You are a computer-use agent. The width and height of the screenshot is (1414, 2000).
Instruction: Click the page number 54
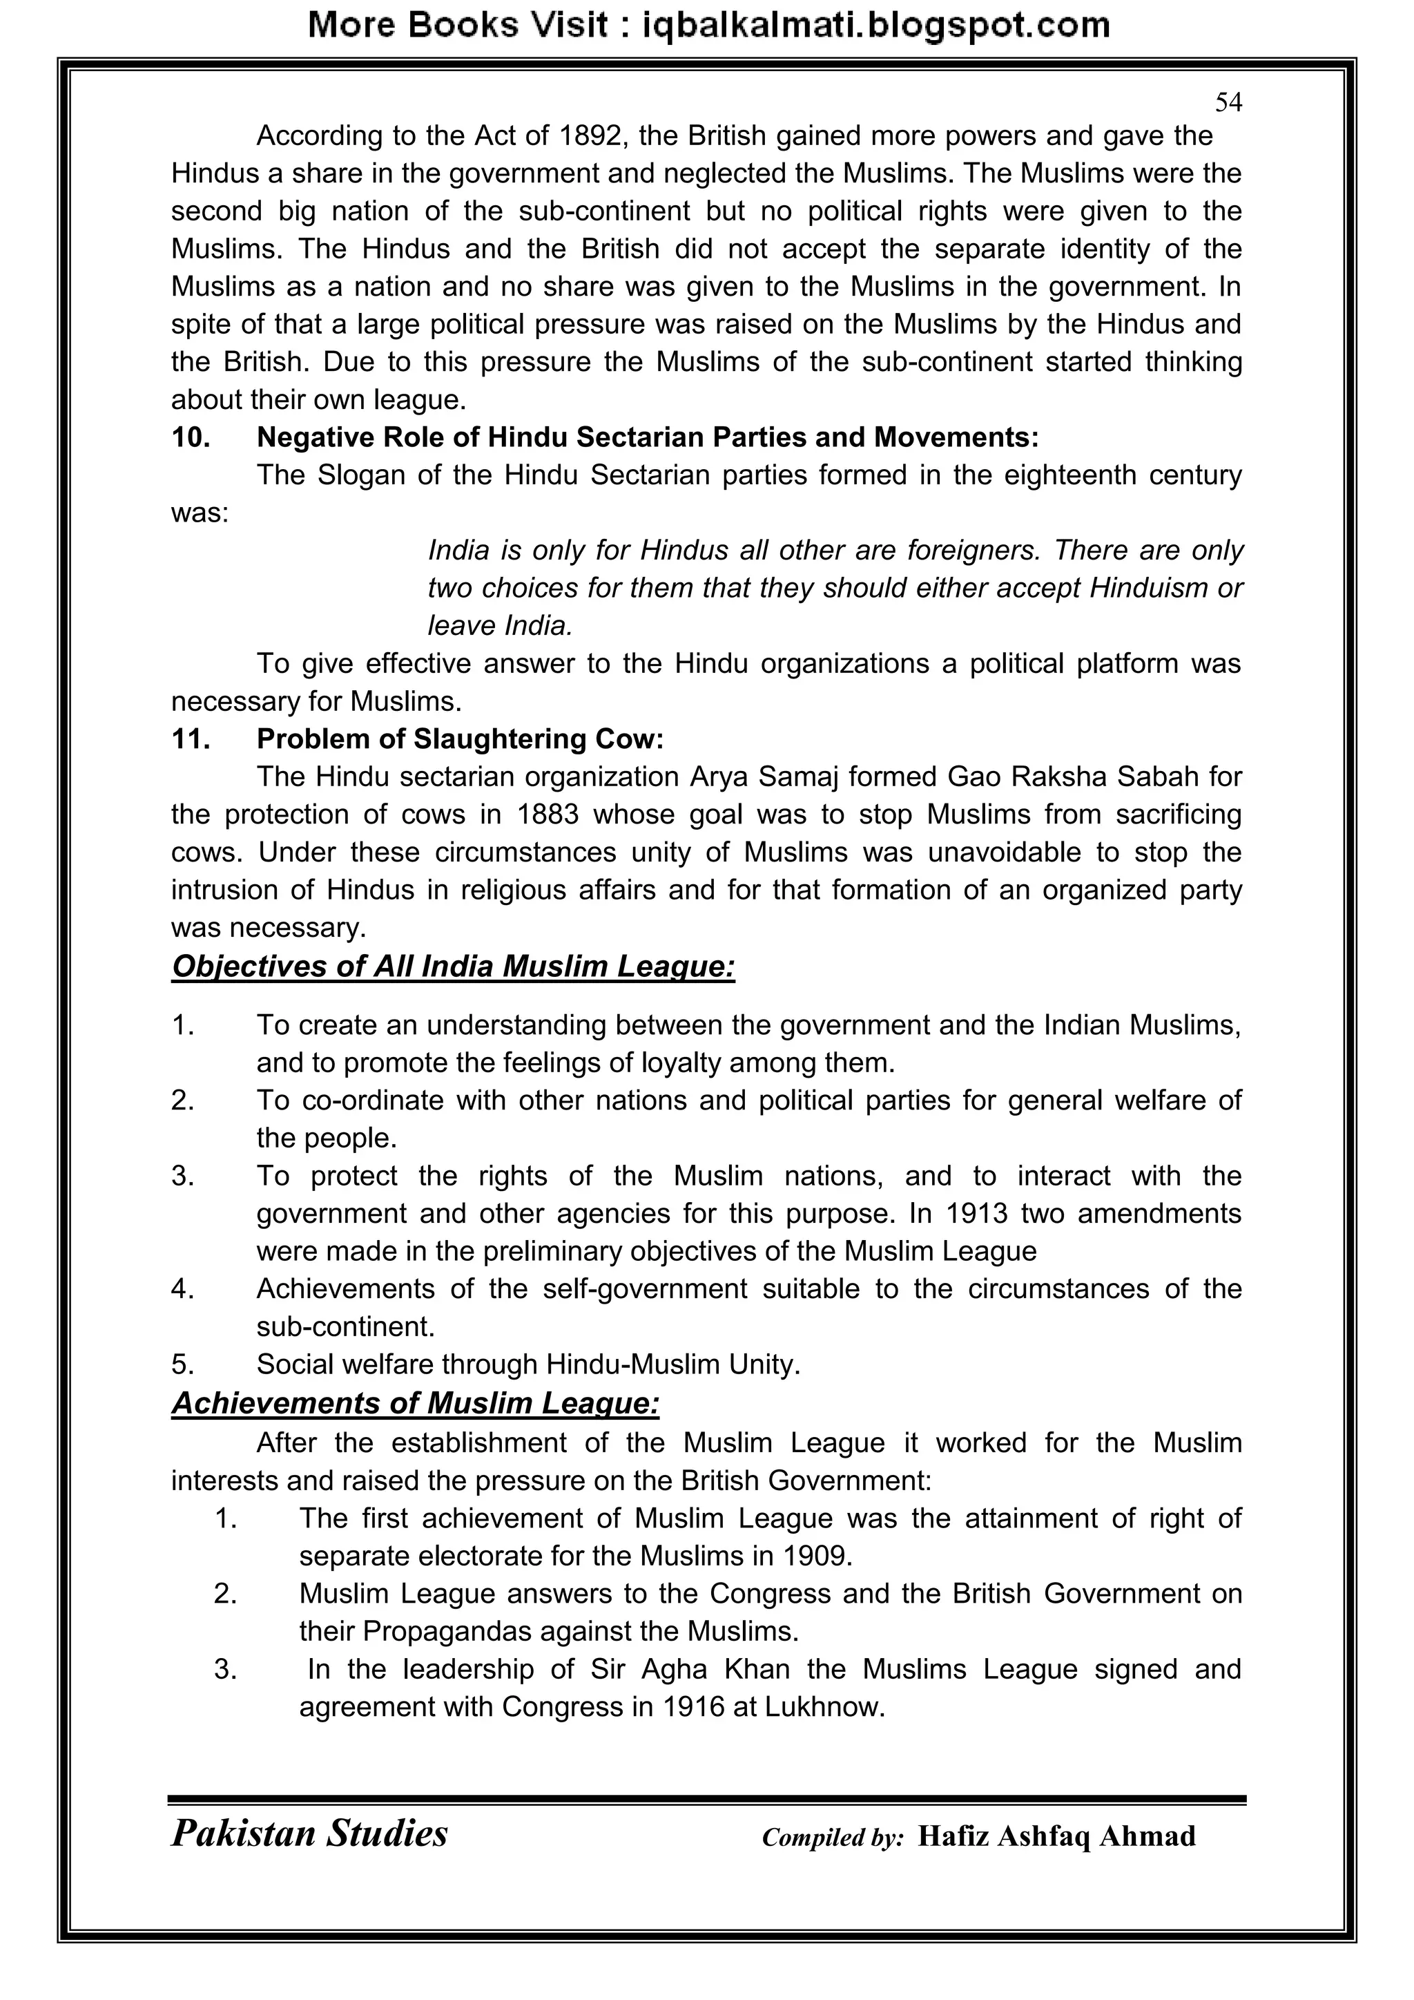pos(1228,104)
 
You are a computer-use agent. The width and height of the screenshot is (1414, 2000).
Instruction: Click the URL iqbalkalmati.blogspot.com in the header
pos(876,26)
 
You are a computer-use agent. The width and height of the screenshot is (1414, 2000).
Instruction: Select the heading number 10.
pos(191,437)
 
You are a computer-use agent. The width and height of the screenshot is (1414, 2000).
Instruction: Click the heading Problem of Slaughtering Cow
pos(460,739)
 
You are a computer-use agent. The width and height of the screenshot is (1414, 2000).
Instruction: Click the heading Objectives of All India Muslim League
pos(453,967)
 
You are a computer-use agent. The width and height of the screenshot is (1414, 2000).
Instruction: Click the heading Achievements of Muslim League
pos(416,1402)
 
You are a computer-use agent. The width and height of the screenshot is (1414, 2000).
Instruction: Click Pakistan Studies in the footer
pos(309,1833)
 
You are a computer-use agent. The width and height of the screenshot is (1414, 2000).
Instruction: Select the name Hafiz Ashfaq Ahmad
pos(1056,1836)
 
